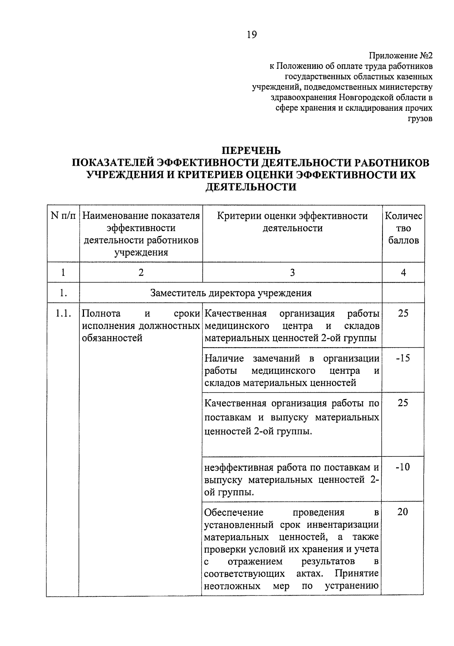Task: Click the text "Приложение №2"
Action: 401,56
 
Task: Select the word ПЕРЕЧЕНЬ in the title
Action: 251,151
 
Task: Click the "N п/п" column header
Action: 63,216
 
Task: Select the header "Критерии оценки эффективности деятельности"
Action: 292,222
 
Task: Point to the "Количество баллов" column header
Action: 403,228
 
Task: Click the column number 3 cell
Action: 292,272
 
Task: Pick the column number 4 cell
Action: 403,272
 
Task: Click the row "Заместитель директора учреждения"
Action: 231,293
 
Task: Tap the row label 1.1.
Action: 63,314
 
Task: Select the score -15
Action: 403,358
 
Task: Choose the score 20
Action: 403,512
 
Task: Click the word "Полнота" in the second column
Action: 101,314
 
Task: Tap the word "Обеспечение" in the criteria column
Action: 233,512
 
